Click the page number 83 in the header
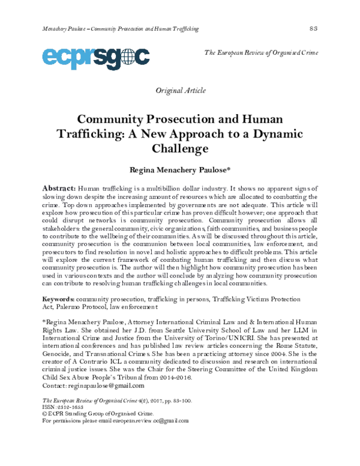pyautogui.click(x=313, y=29)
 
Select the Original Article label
pyautogui.click(x=181, y=91)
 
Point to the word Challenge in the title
pyautogui.click(x=181, y=147)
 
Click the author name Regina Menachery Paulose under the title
pyautogui.click(x=179, y=170)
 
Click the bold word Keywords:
pyautogui.click(x=58, y=298)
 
